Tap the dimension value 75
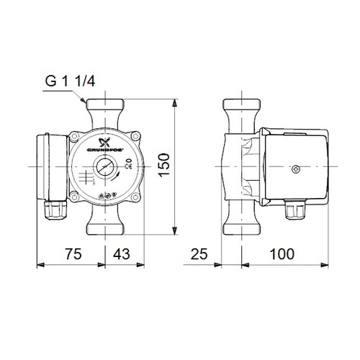(x=69, y=254)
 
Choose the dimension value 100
(x=287, y=254)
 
